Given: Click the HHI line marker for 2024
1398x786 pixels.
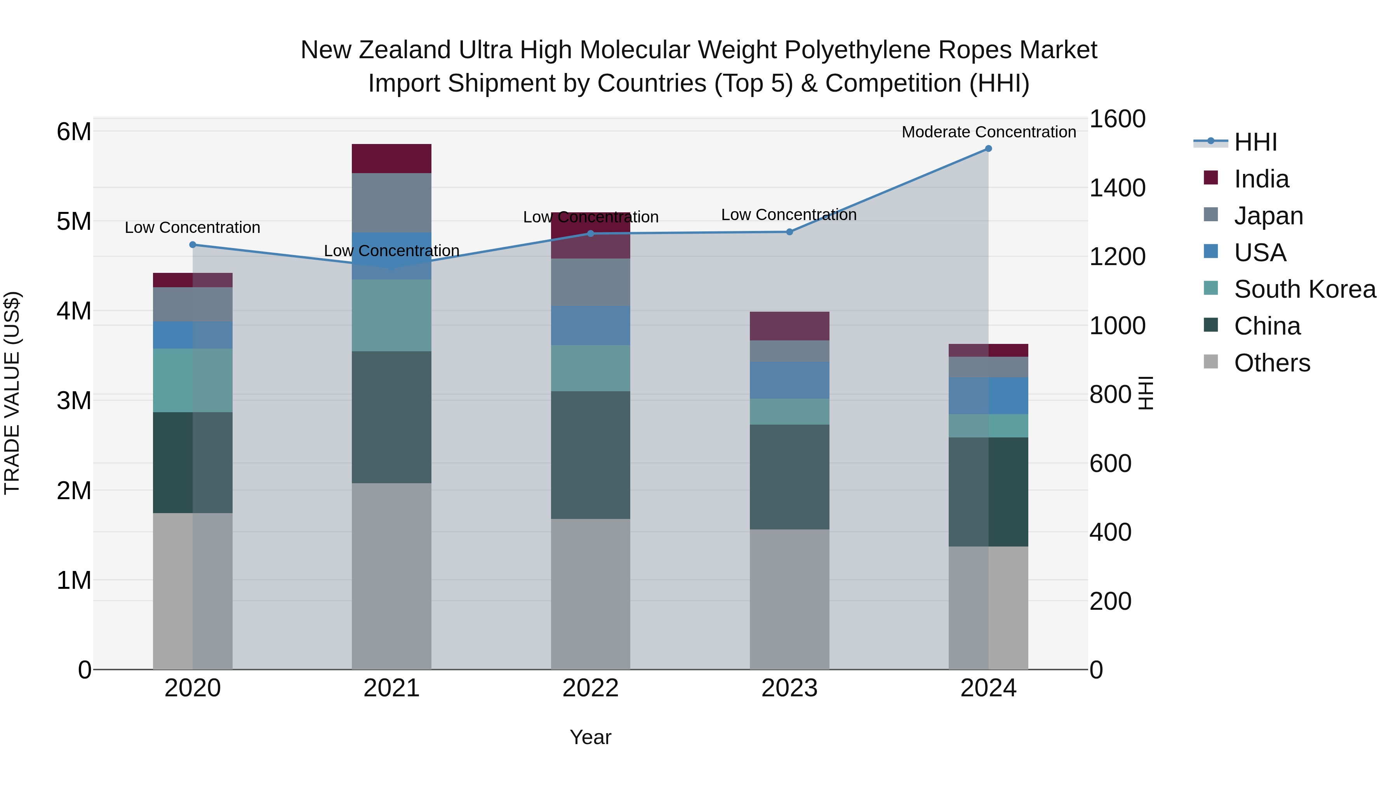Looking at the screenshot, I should click(x=988, y=149).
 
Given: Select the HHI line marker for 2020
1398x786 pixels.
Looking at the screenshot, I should click(x=193, y=245).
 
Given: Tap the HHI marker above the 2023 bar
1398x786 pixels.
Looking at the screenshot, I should click(x=789, y=232).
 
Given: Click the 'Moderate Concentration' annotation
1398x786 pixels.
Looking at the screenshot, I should click(x=989, y=132).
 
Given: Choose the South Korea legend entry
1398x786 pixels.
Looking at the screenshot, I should click(x=1305, y=289).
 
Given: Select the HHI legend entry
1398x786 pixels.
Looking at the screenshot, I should click(x=1255, y=142).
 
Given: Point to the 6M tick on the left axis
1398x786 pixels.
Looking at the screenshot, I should click(x=74, y=131).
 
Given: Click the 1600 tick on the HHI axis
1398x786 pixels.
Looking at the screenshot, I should click(x=1117, y=119).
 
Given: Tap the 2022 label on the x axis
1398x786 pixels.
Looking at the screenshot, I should click(x=590, y=688).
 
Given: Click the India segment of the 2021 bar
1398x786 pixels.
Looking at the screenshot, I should click(x=391, y=158).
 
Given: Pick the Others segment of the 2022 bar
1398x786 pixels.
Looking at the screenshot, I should click(x=590, y=594).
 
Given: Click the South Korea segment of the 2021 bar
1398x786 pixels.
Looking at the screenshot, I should click(x=391, y=315).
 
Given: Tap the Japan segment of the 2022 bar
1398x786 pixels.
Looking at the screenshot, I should click(x=590, y=282).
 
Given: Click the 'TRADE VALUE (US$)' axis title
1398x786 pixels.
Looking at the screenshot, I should click(x=12, y=393).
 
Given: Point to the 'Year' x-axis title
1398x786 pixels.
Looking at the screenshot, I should click(x=590, y=737).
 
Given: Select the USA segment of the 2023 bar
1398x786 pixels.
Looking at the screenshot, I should click(x=789, y=380).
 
